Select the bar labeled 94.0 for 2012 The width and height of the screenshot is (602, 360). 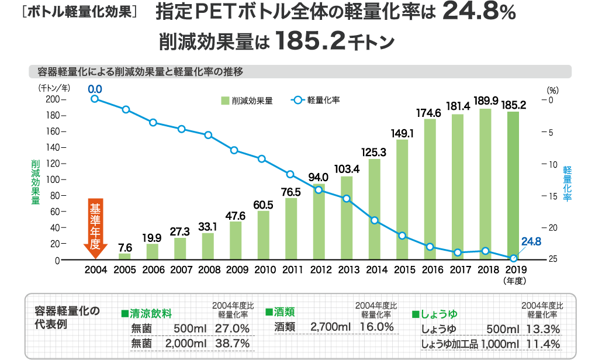(319, 221)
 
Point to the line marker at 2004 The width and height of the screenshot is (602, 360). (95, 98)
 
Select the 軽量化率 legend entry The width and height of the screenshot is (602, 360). (316, 101)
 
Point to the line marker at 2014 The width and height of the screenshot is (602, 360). (375, 220)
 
